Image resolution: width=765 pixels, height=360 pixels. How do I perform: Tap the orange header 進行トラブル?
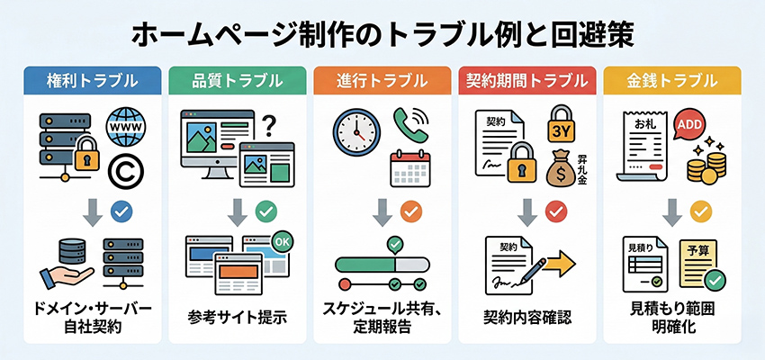coord(382,81)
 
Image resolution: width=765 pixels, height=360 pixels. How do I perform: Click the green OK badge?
coord(281,242)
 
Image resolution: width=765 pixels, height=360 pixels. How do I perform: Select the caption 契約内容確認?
coord(526,317)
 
